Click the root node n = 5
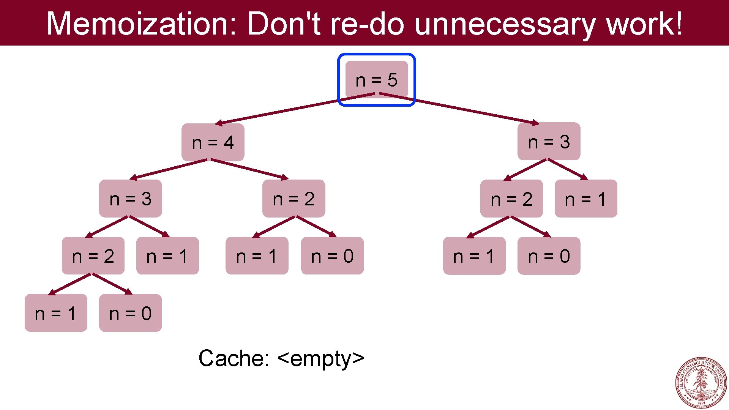376,80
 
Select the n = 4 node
213,142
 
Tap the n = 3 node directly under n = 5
549,142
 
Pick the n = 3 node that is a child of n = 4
130,199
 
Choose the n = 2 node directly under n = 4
293,199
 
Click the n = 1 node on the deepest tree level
56,313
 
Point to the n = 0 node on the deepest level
130,313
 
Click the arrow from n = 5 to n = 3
459,109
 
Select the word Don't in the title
284,24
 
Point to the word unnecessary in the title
505,24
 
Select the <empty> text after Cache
321,358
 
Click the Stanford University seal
701,382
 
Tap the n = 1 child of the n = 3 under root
585,199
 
